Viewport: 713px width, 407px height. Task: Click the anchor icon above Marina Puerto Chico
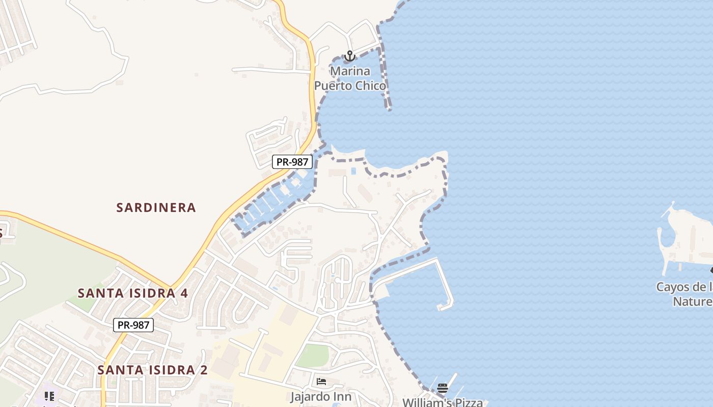[349, 56]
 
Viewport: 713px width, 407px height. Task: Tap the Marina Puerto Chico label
[350, 78]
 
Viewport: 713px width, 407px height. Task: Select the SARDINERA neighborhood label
[156, 208]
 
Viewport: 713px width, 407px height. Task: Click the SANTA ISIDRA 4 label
[132, 294]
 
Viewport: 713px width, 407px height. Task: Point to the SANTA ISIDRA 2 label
[152, 370]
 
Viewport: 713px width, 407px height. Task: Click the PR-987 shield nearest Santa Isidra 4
[133, 325]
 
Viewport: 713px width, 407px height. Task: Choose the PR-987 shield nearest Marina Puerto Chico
[292, 162]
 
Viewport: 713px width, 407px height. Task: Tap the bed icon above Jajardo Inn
[321, 382]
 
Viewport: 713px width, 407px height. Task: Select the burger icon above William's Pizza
[442, 389]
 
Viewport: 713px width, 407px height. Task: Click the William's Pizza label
[442, 402]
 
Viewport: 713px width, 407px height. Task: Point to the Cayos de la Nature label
[684, 294]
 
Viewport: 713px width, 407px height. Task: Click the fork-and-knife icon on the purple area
[49, 396]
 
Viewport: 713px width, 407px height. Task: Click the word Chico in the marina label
[370, 85]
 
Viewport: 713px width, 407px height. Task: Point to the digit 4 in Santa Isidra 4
[184, 294]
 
